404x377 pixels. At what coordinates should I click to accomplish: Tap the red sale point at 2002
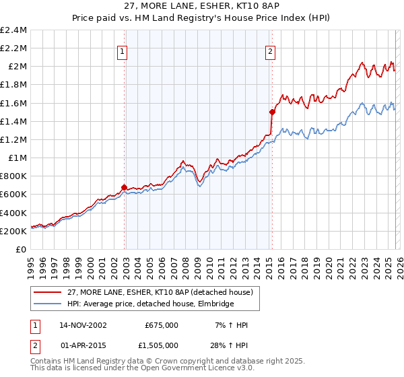coord(125,188)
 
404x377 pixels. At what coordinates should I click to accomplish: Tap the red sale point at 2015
coord(272,112)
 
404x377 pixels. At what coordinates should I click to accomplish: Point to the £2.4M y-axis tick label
coord(13,30)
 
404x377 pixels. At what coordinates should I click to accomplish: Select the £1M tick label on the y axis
coord(18,158)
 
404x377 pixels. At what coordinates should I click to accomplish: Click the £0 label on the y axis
coord(22,249)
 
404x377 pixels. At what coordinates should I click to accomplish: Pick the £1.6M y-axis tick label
coord(13,103)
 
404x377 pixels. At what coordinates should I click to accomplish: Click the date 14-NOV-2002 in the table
coord(83,325)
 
